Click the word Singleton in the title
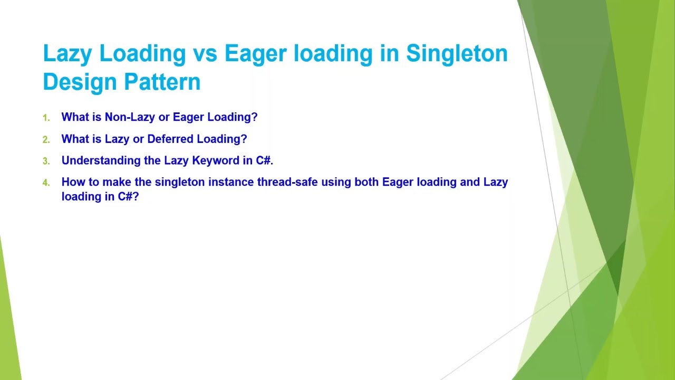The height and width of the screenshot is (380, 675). click(457, 54)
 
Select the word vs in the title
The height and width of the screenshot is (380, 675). click(204, 54)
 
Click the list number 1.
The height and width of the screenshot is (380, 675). click(46, 118)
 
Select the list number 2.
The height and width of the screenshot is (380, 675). click(46, 139)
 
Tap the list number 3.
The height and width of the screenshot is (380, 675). click(46, 161)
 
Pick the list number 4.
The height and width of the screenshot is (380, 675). click(46, 183)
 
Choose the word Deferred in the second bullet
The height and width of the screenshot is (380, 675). click(170, 139)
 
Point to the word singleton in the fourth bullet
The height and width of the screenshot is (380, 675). click(180, 182)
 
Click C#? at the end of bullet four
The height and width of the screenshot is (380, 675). click(128, 196)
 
